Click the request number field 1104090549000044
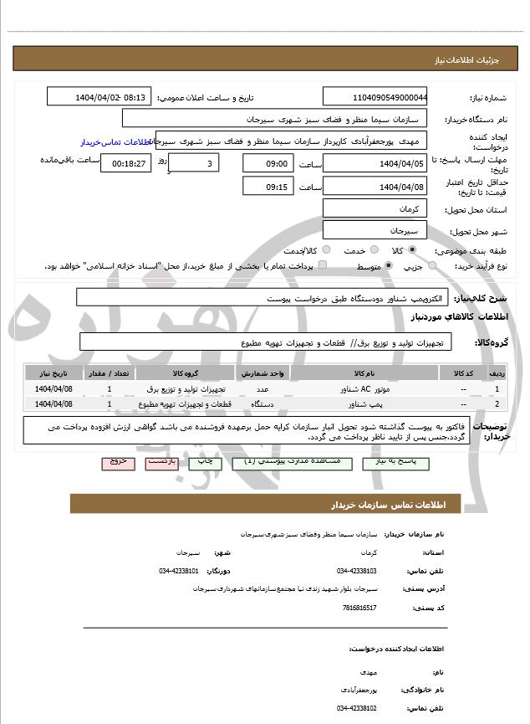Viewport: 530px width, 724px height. click(x=375, y=96)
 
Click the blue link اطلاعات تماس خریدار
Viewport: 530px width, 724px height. click(x=108, y=142)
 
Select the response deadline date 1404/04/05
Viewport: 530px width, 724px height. click(x=375, y=163)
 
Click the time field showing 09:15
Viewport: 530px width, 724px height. click(x=268, y=186)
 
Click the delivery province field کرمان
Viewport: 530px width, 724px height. click(x=375, y=208)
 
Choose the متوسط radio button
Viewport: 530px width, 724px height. click(x=389, y=265)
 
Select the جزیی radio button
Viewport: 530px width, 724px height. click(x=431, y=265)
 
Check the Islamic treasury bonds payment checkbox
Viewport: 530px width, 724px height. click(x=323, y=265)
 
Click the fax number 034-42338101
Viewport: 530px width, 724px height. click(x=178, y=571)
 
